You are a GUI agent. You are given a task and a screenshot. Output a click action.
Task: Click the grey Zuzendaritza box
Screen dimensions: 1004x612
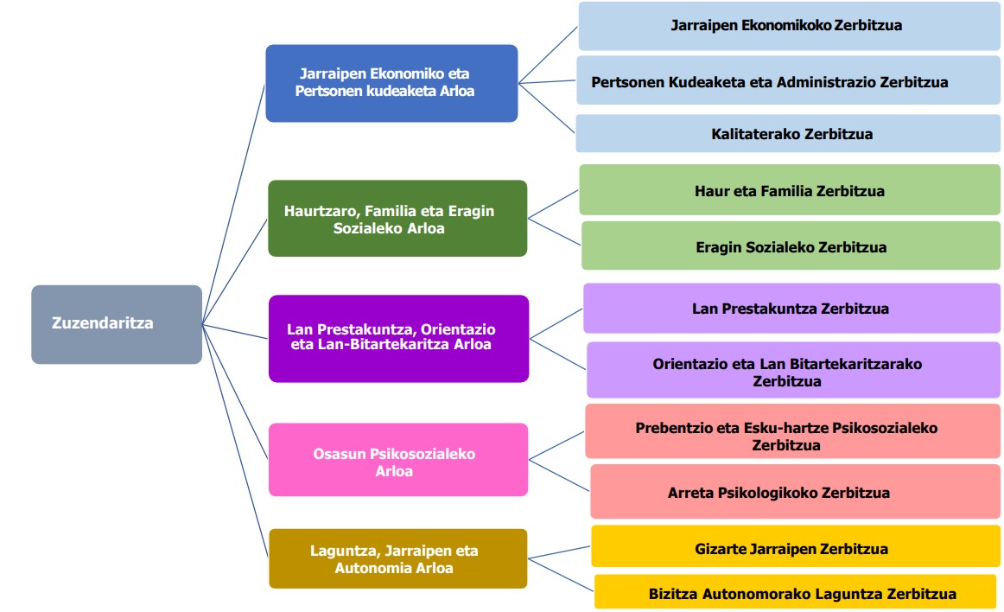[117, 324]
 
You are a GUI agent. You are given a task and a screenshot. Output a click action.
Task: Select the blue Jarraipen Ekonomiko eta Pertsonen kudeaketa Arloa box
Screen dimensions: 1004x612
[392, 83]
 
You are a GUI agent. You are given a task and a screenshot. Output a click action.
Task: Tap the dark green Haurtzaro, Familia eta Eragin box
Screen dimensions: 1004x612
[397, 219]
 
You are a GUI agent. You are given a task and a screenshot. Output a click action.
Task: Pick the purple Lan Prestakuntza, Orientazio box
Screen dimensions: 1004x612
[399, 338]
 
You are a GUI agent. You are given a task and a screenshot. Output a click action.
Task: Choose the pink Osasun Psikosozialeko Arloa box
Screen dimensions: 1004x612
[398, 460]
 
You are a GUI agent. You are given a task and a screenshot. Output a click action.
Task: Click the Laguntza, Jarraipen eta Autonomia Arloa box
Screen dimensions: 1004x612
[398, 558]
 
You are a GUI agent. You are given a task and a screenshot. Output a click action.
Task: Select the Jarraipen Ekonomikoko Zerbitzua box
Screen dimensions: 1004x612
[790, 26]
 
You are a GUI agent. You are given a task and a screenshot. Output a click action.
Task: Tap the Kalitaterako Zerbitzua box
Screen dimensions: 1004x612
[788, 134]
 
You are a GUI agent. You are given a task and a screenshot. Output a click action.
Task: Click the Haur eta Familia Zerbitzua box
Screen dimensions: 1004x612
[790, 189]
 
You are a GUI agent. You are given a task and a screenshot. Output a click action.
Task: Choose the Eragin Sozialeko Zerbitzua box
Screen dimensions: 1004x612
[791, 245]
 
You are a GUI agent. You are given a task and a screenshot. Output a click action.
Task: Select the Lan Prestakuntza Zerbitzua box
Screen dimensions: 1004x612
[792, 309]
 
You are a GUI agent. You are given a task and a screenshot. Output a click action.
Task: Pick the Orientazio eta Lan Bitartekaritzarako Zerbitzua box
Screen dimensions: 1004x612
[794, 370]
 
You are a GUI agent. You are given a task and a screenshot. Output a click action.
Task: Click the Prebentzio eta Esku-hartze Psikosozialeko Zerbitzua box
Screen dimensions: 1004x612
[792, 430]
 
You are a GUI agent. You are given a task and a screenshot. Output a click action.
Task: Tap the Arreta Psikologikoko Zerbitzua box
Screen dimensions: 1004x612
[795, 492]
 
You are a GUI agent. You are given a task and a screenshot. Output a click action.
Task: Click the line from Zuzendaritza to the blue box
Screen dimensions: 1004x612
[233, 204]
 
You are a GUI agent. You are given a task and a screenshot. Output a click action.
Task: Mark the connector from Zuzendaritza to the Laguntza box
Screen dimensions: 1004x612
[235, 441]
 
